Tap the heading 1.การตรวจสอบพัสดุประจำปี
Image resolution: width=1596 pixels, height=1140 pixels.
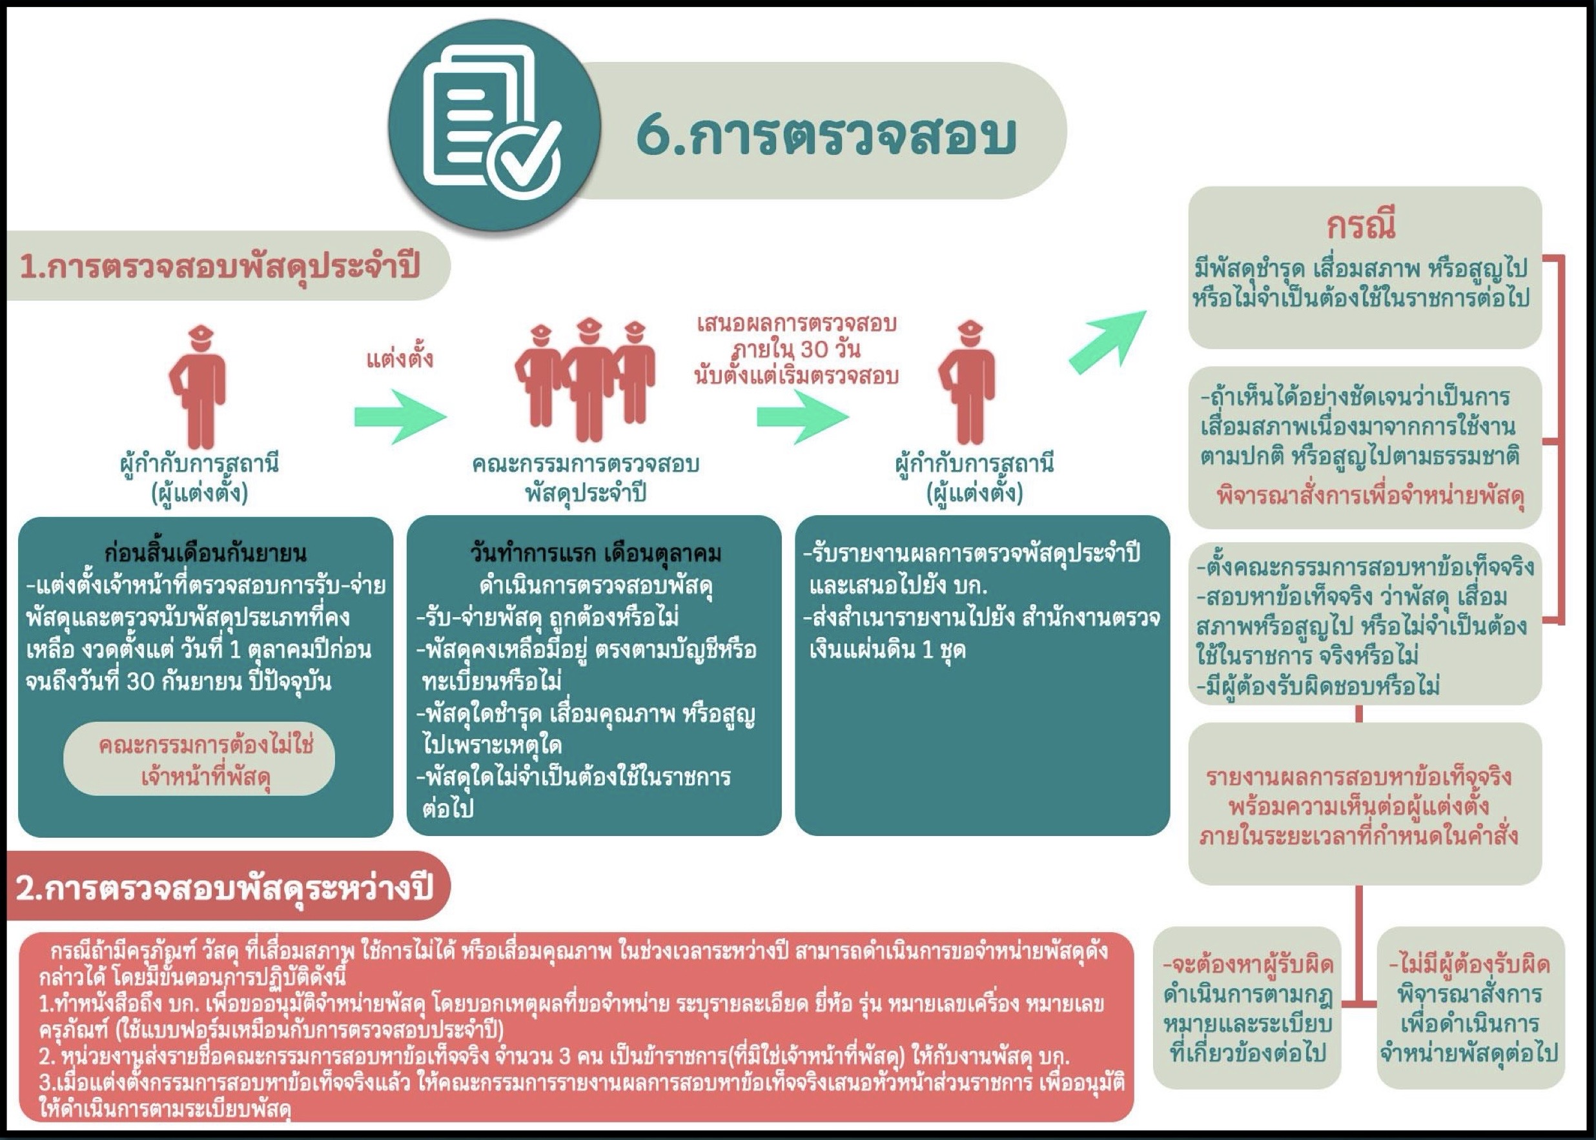pos(220,267)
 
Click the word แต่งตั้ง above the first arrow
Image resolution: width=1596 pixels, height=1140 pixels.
pos(400,359)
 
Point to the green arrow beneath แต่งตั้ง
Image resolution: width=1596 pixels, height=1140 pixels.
pos(400,417)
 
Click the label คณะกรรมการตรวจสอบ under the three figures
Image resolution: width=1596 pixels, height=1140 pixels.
pos(586,463)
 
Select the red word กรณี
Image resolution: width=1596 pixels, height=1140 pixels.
pos(1361,225)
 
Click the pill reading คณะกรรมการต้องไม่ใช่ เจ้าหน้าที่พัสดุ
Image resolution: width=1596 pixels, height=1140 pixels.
pos(200,760)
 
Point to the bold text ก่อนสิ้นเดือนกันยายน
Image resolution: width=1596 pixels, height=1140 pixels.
pos(205,553)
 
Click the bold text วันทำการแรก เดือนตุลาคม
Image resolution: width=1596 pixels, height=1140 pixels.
pos(595,553)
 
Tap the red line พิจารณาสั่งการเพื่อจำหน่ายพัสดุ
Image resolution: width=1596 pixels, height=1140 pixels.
pos(1371,496)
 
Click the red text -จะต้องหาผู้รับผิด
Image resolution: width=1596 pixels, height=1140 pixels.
pos(1248,965)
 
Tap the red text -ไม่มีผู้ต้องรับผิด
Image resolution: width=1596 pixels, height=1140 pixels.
pos(1469,965)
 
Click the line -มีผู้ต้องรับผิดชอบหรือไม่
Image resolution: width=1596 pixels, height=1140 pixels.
pos(1318,685)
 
